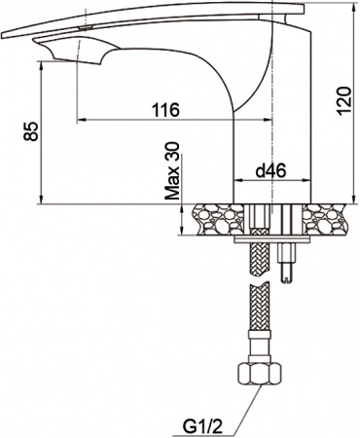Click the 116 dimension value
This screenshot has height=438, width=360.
pos(166,110)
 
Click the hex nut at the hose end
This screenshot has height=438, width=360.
pos(260,375)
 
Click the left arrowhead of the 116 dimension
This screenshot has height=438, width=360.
pos(82,121)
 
